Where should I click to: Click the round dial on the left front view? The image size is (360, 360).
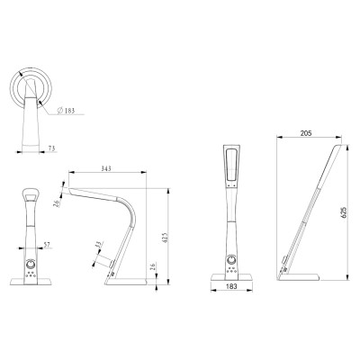coord(31,265)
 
